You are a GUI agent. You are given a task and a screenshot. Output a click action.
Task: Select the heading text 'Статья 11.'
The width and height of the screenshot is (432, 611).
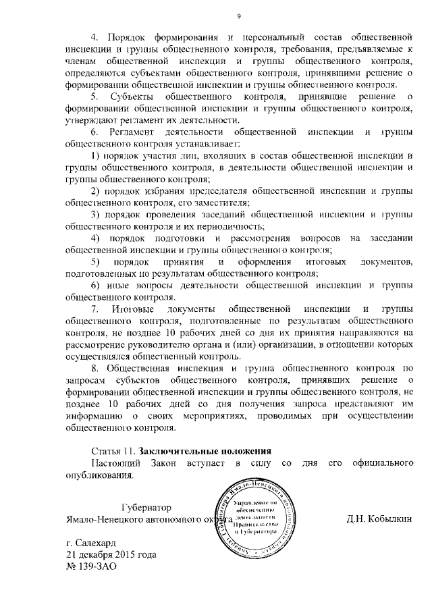click(113, 450)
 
